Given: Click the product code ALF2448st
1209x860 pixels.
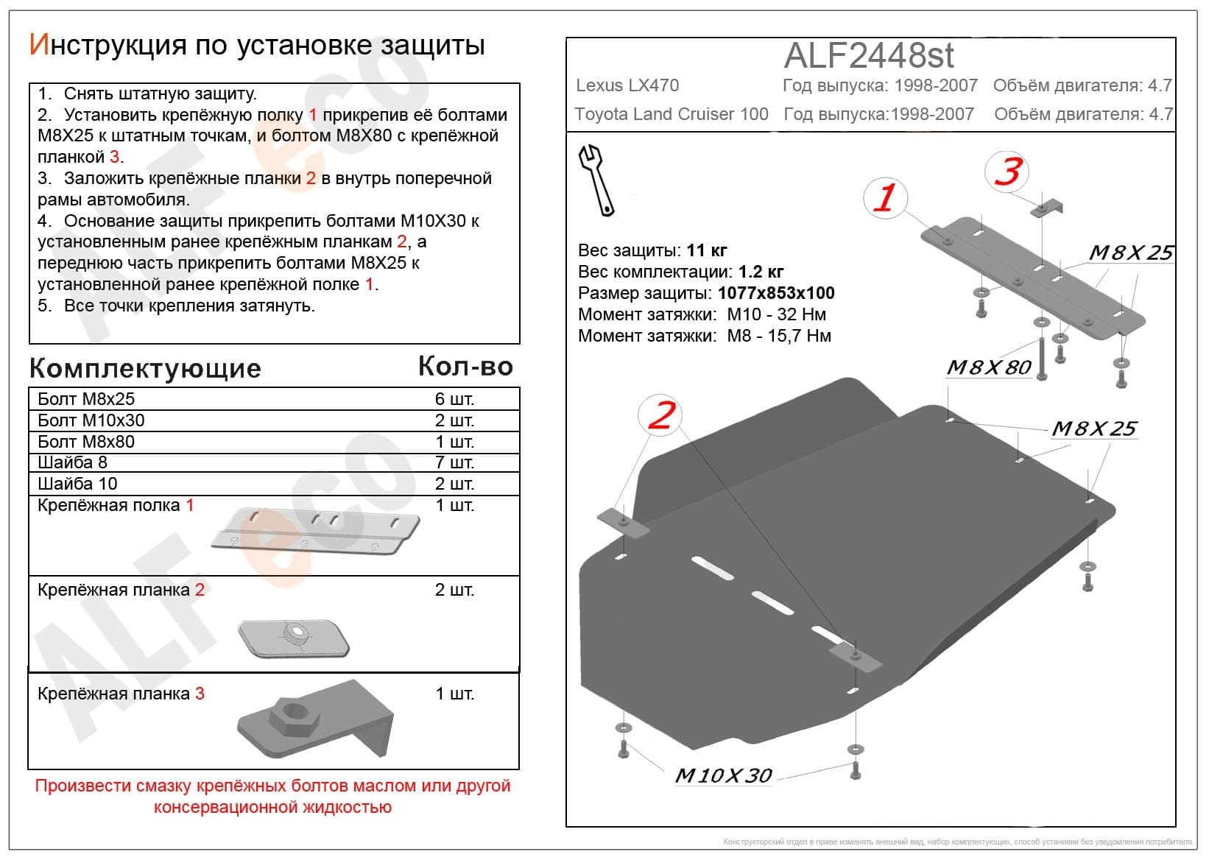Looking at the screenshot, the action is pos(868,55).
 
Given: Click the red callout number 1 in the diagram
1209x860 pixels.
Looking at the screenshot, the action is pos(884,197).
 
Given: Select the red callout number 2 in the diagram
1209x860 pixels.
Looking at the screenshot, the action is pos(661,415).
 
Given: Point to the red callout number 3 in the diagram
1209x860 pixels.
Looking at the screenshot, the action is pos(1008,171).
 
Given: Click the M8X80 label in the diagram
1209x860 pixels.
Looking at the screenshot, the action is pos(989,367).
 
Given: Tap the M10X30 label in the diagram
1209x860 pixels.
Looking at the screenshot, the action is pos(723,776).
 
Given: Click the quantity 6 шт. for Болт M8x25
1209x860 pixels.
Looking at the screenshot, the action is pos(454,399).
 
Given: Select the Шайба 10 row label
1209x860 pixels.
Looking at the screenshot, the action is pos(77,484).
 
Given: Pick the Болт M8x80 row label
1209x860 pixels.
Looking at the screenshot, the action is pos(86,442).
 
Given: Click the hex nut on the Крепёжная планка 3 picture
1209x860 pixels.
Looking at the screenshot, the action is pos(295,716).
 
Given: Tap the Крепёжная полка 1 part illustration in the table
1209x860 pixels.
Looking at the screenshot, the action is pos(315,531).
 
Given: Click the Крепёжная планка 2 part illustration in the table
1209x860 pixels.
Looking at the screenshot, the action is pos(294,638).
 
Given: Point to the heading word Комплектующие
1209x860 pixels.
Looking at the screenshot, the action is pos(145,369).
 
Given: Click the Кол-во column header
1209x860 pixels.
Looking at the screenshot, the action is pos(465,367).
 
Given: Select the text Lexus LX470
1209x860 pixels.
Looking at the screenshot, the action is pos(627,85).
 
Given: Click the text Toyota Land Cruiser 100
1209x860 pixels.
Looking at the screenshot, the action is pos(671,114).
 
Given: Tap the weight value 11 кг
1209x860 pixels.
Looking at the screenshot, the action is pos(707,250).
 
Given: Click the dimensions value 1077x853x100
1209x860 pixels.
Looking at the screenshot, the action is pos(776,293).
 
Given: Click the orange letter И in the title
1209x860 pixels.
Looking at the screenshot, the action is pos(40,45).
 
